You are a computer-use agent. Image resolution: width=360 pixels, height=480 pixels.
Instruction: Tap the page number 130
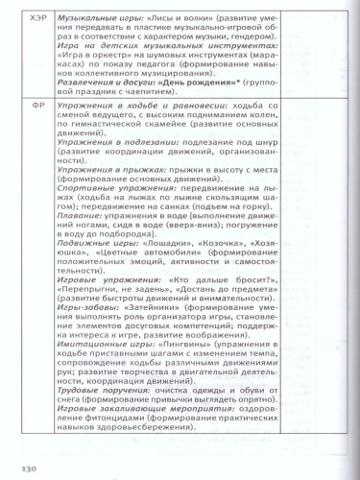(x=30, y=468)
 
